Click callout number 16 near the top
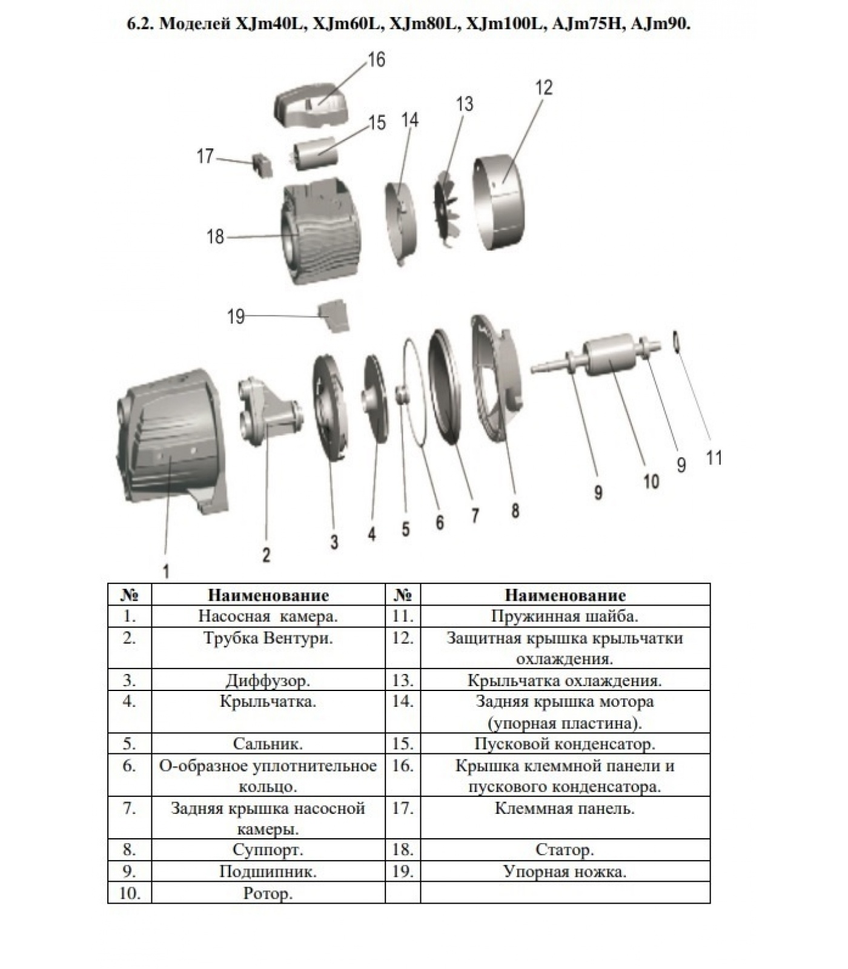coord(376,59)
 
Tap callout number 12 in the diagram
coord(544,88)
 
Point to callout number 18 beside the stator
coord(216,236)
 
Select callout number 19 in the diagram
coord(236,316)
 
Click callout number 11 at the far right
coord(714,457)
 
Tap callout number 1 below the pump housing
coord(166,571)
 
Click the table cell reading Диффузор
coord(268,680)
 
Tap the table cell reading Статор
coord(565,850)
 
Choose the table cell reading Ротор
coord(268,893)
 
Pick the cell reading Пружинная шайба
coord(565,617)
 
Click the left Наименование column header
coord(268,595)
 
